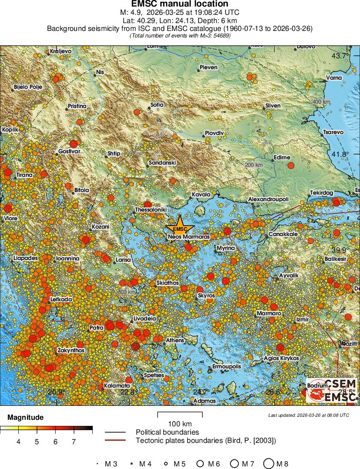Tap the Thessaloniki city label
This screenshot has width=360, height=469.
[x=151, y=209]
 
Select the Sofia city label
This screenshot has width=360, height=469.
[x=157, y=105]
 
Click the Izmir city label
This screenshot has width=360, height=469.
[x=302, y=319]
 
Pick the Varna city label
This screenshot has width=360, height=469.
[x=334, y=78]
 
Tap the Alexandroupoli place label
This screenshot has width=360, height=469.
[x=269, y=199]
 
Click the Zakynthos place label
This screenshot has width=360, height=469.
[x=71, y=350]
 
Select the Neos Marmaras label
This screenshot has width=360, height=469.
[x=189, y=237]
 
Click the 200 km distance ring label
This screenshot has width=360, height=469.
[x=254, y=165]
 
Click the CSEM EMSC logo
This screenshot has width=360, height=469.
[x=331, y=390]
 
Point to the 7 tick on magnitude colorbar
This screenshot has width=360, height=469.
[x=74, y=442]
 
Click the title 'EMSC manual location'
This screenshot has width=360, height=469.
[x=180, y=4]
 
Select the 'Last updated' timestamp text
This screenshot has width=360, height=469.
[x=308, y=415]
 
